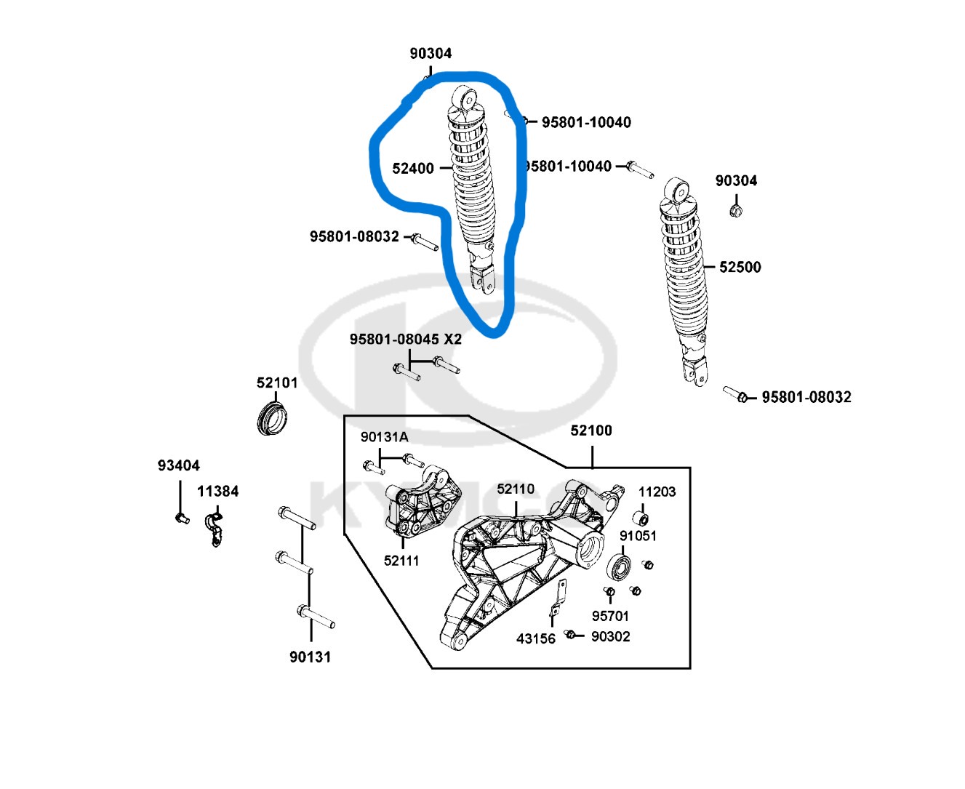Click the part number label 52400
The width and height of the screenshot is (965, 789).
tap(413, 168)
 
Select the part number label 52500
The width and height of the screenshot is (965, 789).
tap(740, 267)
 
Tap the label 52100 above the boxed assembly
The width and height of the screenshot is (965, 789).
tap(591, 430)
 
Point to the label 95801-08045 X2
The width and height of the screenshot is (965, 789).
tap(406, 339)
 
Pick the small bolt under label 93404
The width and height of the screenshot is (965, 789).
tap(180, 518)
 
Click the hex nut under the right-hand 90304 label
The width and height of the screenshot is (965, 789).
tap(735, 212)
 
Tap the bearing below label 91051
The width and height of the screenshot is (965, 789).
tap(619, 566)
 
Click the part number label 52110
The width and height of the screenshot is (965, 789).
tap(516, 489)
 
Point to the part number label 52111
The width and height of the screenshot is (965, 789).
tap(401, 560)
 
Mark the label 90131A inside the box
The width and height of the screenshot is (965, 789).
tap(385, 437)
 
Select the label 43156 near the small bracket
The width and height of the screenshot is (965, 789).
tap(536, 638)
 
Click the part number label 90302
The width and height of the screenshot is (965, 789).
tap(611, 636)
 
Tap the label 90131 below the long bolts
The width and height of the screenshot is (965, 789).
tap(311, 657)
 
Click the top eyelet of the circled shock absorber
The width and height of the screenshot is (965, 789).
tap(464, 97)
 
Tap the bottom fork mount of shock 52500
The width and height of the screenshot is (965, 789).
tap(695, 372)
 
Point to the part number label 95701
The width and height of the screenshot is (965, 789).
tap(610, 616)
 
